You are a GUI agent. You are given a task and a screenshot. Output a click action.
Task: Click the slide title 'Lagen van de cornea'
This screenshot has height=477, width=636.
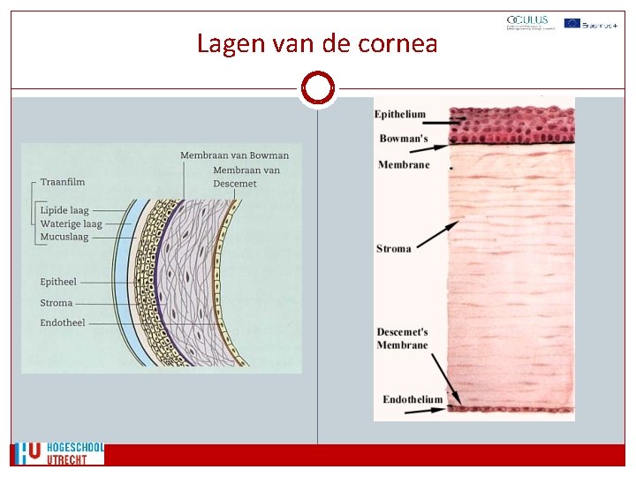pyautogui.click(x=317, y=42)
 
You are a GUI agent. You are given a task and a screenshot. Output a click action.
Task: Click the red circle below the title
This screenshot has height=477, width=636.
pyautogui.click(x=317, y=88)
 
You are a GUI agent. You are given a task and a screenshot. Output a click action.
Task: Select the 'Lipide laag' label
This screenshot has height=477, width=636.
pyautogui.click(x=65, y=211)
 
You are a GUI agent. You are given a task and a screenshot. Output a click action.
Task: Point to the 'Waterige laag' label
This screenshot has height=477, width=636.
pyautogui.click(x=71, y=224)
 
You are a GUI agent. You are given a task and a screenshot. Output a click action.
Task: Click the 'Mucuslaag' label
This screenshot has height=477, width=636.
pyautogui.click(x=64, y=237)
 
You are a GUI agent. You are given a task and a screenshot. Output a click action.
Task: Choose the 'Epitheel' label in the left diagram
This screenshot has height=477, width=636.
pyautogui.click(x=58, y=282)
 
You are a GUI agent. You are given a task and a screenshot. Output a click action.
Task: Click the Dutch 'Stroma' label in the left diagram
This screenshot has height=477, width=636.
pyautogui.click(x=57, y=303)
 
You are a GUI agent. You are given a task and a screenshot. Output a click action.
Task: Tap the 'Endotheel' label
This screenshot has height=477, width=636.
pyautogui.click(x=63, y=323)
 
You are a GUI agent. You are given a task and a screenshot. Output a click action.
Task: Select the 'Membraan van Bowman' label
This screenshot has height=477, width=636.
pyautogui.click(x=234, y=155)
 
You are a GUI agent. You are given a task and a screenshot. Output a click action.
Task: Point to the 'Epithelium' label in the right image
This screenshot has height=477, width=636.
pyautogui.click(x=399, y=114)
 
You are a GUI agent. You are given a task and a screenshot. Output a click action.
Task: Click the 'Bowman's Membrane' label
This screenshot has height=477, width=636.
pyautogui.click(x=404, y=151)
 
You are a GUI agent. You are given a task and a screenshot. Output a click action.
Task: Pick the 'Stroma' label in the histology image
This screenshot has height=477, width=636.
pyautogui.click(x=394, y=249)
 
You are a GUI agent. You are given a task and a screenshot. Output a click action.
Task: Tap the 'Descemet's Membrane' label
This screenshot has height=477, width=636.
pyautogui.click(x=402, y=338)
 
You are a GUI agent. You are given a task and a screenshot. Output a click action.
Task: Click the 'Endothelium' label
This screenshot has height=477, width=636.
pyautogui.click(x=413, y=400)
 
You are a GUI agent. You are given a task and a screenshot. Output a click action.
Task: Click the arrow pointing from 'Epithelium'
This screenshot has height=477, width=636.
pyautogui.click(x=449, y=117)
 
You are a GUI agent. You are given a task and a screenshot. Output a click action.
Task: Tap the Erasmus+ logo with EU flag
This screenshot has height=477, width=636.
pyautogui.click(x=590, y=23)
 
